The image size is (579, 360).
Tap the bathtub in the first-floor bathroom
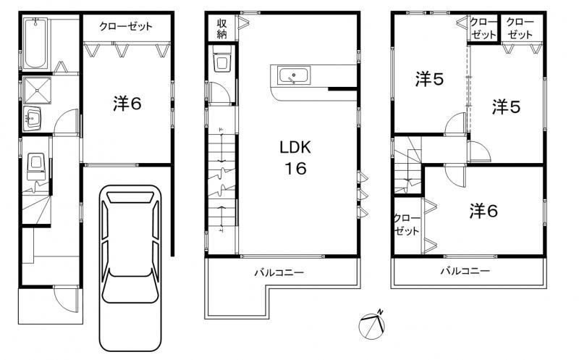point(35,43)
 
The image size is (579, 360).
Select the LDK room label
point(295,148)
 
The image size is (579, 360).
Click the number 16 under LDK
point(295,169)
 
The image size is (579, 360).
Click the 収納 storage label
point(221,29)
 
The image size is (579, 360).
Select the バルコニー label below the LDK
point(278,273)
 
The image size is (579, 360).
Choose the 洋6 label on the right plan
point(483,211)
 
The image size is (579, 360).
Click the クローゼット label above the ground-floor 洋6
point(127,27)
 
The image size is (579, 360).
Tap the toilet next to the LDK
point(221,64)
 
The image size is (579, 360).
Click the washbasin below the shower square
point(33,117)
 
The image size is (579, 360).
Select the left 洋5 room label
point(428,80)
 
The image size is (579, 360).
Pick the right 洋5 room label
point(507,107)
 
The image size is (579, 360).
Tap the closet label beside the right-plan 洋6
point(407,225)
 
